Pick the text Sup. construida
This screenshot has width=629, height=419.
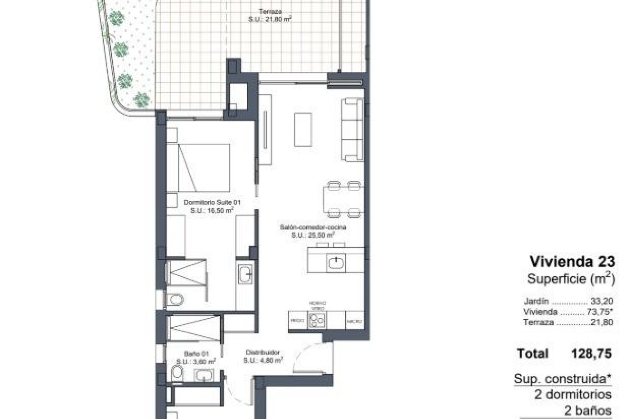562,379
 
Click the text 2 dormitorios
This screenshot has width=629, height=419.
573,394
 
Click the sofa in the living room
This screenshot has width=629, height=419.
352,129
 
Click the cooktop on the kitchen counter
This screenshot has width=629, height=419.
317,319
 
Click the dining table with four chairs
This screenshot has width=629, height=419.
342,200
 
